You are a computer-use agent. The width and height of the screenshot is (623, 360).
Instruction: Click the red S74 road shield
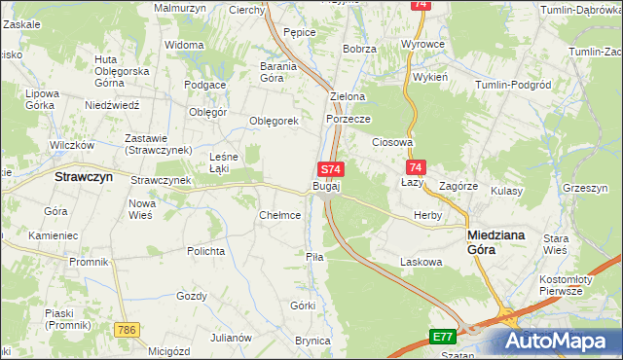click(331, 169)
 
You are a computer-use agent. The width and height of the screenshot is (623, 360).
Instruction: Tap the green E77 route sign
click(443, 337)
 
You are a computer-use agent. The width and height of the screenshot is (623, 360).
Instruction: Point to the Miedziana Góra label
click(495, 241)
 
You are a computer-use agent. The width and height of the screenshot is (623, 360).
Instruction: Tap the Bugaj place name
click(326, 186)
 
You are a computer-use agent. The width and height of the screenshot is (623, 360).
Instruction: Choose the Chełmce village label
click(279, 215)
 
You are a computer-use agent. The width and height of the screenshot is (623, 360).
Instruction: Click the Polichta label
click(206, 251)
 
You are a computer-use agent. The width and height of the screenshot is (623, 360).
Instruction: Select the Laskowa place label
click(421, 262)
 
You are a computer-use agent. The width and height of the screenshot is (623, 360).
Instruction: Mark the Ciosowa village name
click(393, 142)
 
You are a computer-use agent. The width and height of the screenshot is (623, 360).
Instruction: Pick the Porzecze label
click(348, 119)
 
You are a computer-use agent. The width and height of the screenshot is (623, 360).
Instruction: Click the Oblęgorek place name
click(274, 122)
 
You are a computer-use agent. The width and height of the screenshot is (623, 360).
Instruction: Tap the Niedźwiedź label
click(114, 104)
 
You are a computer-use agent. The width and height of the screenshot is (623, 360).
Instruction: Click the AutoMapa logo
click(562, 341)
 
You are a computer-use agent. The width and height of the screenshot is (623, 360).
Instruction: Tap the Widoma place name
click(184, 46)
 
